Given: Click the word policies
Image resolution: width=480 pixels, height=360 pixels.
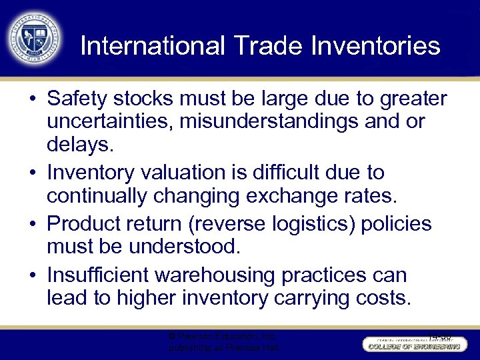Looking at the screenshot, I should (396, 224).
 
